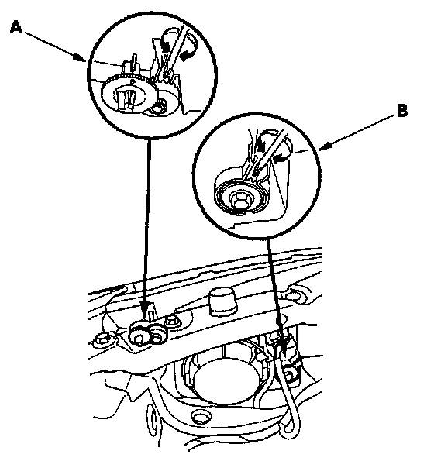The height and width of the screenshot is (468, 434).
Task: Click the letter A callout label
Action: point(16,28)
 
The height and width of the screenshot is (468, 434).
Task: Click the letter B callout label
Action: point(401,111)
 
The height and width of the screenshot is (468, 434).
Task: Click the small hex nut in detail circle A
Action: point(157,108)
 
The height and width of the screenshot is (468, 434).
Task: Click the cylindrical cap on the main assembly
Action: point(223,301)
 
